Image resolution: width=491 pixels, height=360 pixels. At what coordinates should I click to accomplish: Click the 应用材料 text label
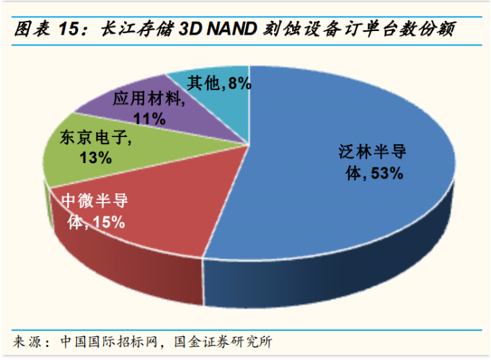point(148,99)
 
